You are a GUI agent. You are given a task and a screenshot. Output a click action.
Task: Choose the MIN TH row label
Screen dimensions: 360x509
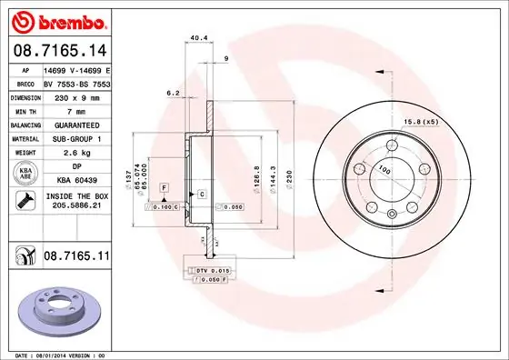[x=23, y=109]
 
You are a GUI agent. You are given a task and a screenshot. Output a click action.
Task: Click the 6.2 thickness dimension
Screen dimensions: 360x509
[x=172, y=93]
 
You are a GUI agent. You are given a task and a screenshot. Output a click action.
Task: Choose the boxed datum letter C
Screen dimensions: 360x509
[x=201, y=195]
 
